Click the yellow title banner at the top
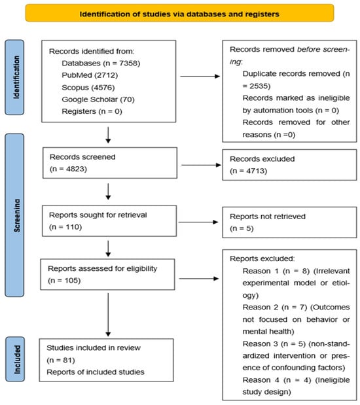(179, 13)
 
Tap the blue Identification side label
(15, 77)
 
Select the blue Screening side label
(15, 215)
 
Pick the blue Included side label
(15, 359)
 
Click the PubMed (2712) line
(90, 75)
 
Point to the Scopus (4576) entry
(88, 87)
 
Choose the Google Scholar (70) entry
(98, 99)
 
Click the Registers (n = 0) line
(92, 111)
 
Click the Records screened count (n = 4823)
(68, 169)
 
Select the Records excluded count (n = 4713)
(248, 171)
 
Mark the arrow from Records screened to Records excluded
(201, 165)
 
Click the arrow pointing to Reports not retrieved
(198, 222)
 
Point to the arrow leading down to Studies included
(108, 315)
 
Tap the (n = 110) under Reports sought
(65, 227)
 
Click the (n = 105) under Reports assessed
(64, 281)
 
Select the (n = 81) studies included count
(61, 360)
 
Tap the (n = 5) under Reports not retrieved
(242, 228)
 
